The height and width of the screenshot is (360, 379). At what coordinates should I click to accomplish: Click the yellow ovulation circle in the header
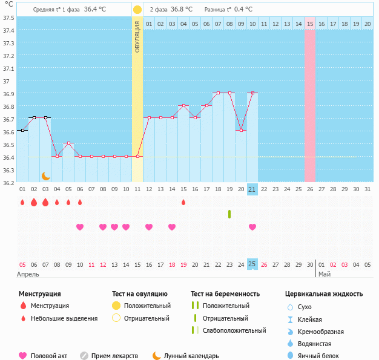click(x=137, y=10)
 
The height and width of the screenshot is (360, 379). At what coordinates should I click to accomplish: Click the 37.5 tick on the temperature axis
click(x=9, y=18)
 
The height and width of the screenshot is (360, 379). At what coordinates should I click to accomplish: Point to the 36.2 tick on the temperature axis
click(x=9, y=182)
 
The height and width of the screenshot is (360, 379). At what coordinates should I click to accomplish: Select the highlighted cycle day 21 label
click(x=252, y=189)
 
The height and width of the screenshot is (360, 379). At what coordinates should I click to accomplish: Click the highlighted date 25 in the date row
click(x=252, y=264)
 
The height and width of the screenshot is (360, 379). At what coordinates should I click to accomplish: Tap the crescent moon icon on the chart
click(x=46, y=175)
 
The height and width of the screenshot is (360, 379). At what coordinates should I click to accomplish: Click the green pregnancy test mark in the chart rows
click(x=229, y=214)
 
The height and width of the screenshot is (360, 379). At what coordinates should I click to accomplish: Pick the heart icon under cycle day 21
click(x=252, y=227)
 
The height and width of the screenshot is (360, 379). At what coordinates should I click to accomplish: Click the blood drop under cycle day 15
click(x=183, y=202)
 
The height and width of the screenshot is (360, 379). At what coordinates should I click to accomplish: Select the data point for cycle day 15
click(x=183, y=105)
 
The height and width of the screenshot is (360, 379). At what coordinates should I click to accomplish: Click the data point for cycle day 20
click(x=241, y=131)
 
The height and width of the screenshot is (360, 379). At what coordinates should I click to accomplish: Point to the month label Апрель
click(x=28, y=275)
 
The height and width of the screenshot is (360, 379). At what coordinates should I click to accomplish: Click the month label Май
click(x=325, y=275)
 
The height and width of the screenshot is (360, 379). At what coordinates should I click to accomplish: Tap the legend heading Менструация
click(x=39, y=294)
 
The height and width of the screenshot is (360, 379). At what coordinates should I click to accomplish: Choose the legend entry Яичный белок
click(x=323, y=356)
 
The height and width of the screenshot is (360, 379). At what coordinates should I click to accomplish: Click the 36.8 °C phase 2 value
click(x=181, y=10)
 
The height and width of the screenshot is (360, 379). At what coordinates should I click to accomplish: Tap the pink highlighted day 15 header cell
click(x=310, y=24)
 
